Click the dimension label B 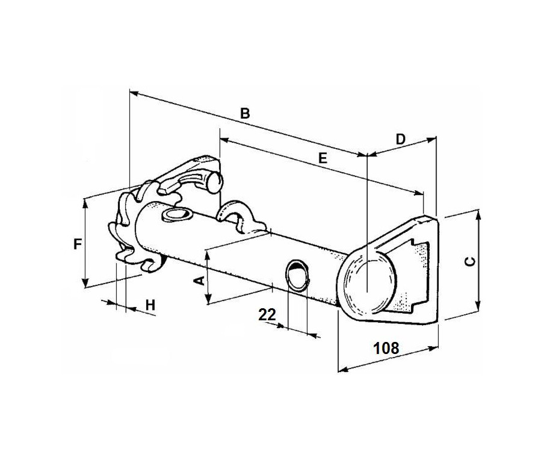pos(245,113)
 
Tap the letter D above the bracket pos(401,139)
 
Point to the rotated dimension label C pos(471,260)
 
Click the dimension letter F pos(77,244)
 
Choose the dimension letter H pos(150,305)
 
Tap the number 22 pos(267,314)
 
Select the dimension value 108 pos(386,347)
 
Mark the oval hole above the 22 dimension pos(296,274)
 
